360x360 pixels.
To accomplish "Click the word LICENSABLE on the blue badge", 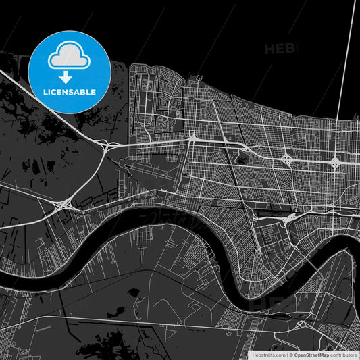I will (70, 91).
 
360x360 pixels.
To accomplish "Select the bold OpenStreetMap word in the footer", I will (311, 354).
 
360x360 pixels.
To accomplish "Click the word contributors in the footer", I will (343, 354).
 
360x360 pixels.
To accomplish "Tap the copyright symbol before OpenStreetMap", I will (291, 354).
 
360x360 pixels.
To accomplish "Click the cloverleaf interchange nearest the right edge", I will (335, 161).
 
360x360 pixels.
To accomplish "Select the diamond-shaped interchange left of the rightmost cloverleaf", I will (287, 160).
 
